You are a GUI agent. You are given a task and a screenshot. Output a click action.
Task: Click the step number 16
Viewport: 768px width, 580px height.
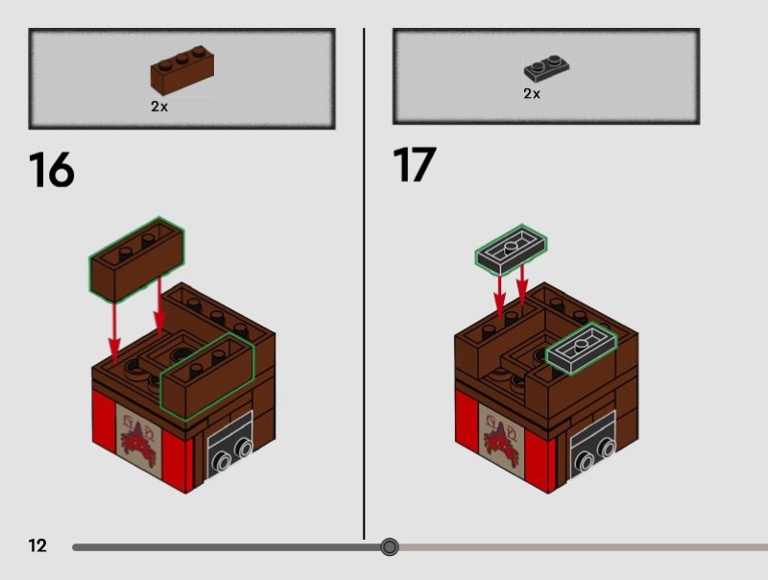pos(52,170)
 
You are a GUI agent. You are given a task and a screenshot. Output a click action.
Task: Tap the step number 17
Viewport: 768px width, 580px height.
pos(415,164)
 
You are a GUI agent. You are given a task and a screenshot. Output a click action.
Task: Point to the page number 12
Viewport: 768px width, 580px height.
pos(37,545)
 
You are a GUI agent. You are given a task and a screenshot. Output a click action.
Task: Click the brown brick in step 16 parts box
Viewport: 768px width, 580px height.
pos(182,70)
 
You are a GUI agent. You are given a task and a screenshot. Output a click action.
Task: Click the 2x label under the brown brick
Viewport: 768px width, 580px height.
pos(159,107)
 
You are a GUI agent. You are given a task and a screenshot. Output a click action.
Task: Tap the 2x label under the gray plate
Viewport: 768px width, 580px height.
pos(532,93)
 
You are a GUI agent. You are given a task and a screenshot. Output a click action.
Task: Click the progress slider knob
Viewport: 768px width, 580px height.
pos(390,546)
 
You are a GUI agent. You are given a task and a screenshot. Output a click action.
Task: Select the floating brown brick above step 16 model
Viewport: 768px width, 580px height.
pos(136,258)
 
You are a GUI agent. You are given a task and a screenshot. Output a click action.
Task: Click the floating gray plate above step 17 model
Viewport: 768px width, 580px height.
pos(511,250)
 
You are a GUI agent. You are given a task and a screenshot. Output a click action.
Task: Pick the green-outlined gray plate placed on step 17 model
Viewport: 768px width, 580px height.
pos(582,349)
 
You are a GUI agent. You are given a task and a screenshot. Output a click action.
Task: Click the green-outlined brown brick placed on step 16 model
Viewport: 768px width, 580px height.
pos(207,376)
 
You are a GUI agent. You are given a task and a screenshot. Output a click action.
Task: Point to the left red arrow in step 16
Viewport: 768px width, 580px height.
pos(114,333)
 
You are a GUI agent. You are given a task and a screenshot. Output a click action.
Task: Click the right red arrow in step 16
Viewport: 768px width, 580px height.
pos(159,305)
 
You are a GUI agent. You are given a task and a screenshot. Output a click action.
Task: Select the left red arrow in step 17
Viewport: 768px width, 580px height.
pos(499,296)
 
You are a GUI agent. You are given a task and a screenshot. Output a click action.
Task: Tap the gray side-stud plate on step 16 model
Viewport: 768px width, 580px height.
pos(229,446)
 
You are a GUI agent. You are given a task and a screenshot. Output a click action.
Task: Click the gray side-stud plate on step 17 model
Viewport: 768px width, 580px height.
pos(592,446)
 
